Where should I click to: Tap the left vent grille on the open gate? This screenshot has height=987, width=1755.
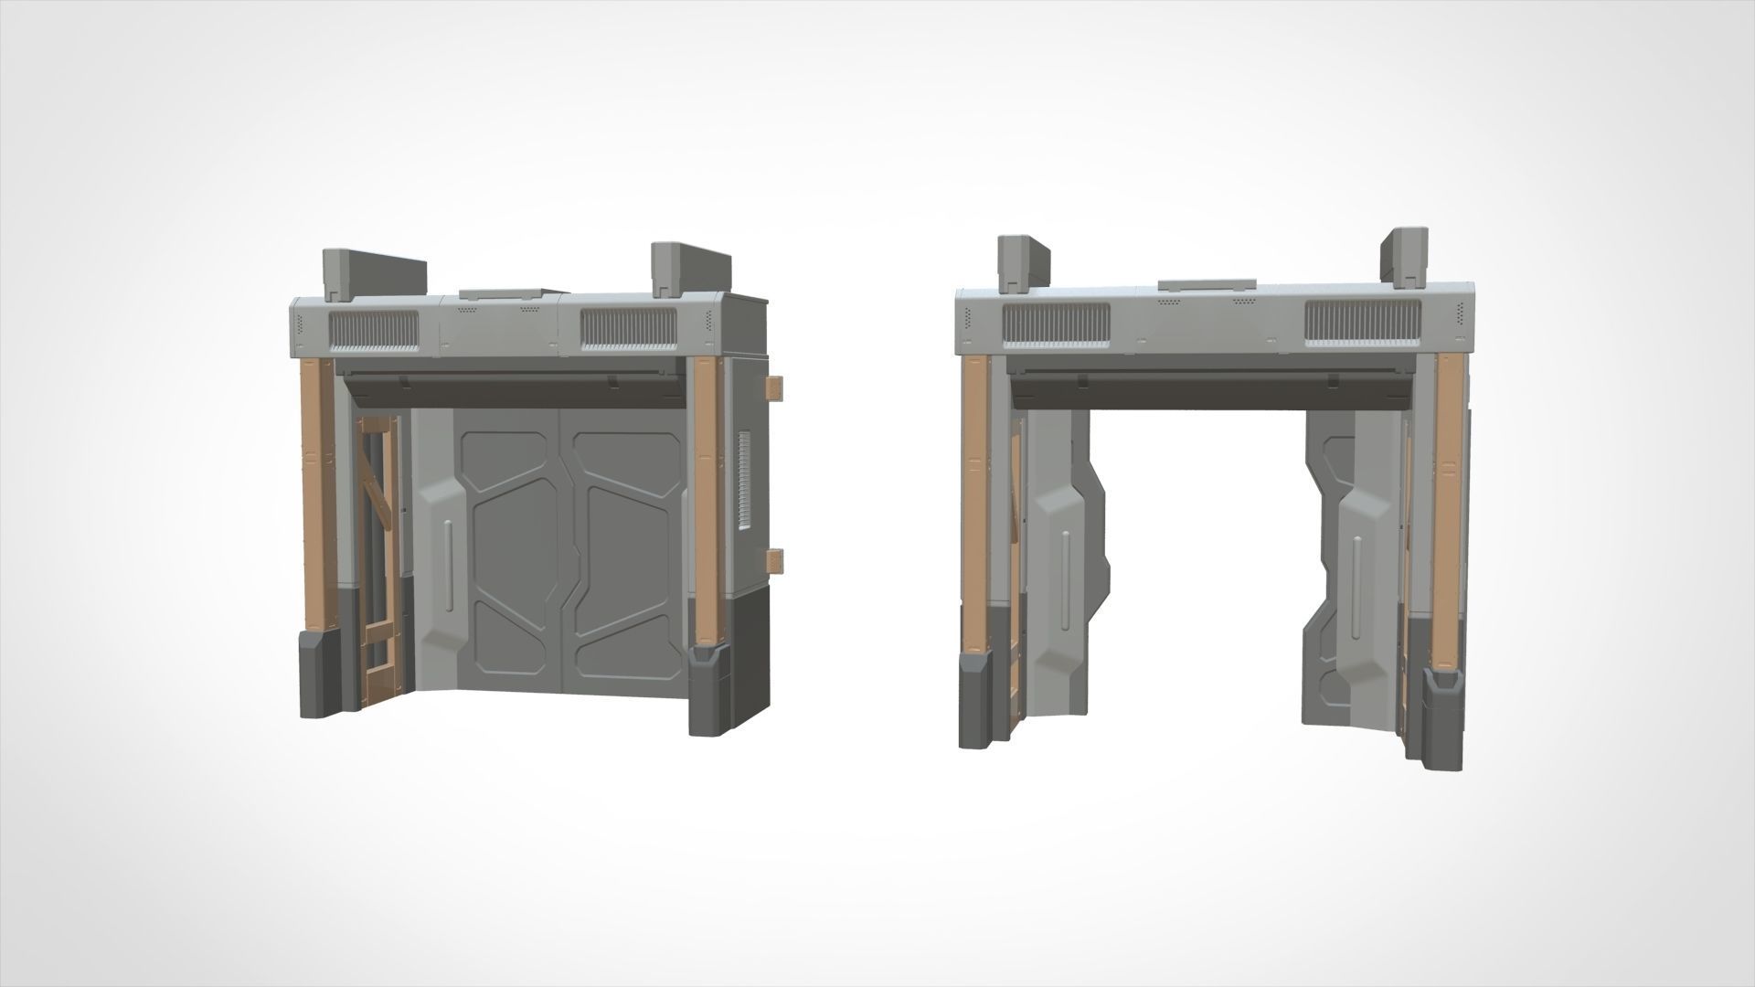click(x=1056, y=324)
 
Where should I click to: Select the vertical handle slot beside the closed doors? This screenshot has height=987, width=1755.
click(x=446, y=563)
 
